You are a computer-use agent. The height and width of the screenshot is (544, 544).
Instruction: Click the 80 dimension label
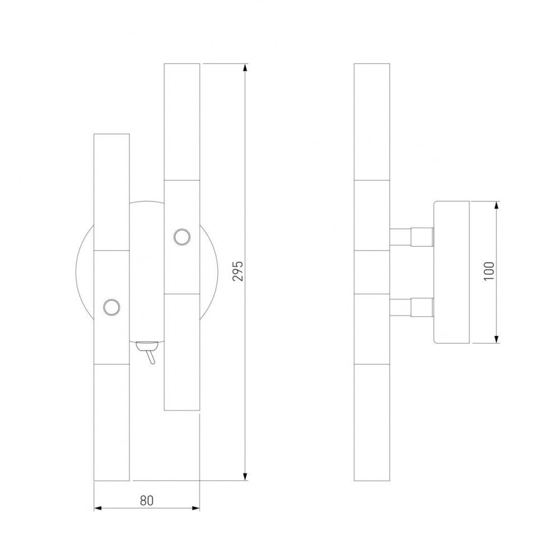coord(147,499)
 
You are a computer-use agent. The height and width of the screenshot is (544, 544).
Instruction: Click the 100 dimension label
coord(489,271)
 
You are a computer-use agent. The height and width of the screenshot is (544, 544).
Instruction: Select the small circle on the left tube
coord(111,307)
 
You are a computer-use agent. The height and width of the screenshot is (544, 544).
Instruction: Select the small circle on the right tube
coord(181,237)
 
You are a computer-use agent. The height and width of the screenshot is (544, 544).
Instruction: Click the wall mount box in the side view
coord(451,272)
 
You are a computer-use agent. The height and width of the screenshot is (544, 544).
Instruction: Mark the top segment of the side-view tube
coord(372,122)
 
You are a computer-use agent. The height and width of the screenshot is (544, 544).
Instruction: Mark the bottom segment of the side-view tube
coord(372,422)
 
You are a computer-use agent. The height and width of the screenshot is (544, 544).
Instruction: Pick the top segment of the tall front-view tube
coord(182,122)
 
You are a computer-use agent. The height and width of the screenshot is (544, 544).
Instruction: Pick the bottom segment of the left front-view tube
coord(112,422)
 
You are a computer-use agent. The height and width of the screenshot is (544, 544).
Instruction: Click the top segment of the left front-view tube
coord(112,192)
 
